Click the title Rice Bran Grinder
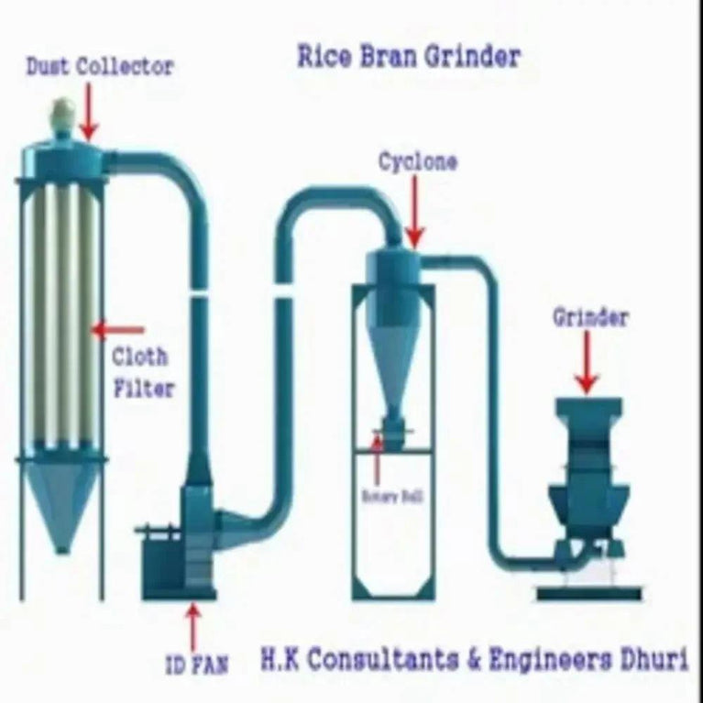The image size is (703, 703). point(408,57)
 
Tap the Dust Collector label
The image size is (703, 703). point(99,67)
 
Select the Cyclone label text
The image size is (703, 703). point(418,162)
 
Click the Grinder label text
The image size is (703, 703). point(589,318)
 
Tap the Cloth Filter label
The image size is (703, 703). point(141,371)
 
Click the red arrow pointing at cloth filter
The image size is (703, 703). point(119,328)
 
